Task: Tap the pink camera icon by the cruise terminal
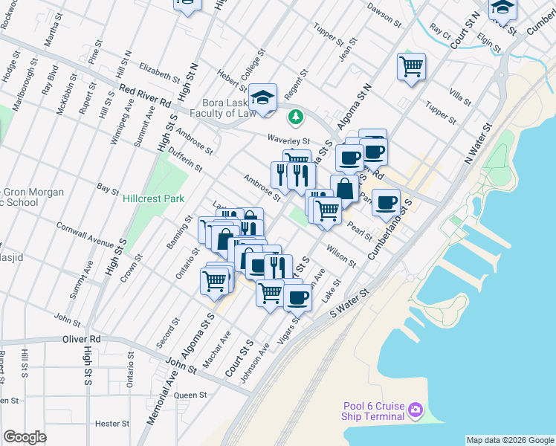tap(416, 410)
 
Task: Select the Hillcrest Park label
tap(153, 199)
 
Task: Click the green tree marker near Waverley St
tap(296, 117)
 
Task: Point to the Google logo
tap(25, 437)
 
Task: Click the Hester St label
tap(113, 424)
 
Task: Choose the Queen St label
tap(190, 395)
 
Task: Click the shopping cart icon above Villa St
tap(411, 67)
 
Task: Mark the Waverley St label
tap(288, 140)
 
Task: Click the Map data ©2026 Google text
tap(510, 440)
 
